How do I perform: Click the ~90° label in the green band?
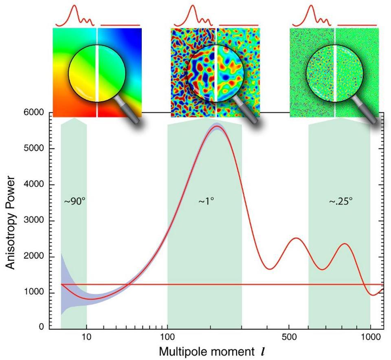[x=75, y=201]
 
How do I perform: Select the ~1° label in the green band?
[x=206, y=201]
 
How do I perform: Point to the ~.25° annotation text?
[x=341, y=201]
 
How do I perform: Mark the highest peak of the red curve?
[x=217, y=126]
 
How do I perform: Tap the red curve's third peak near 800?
[x=345, y=244]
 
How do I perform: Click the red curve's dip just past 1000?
[x=373, y=295]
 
